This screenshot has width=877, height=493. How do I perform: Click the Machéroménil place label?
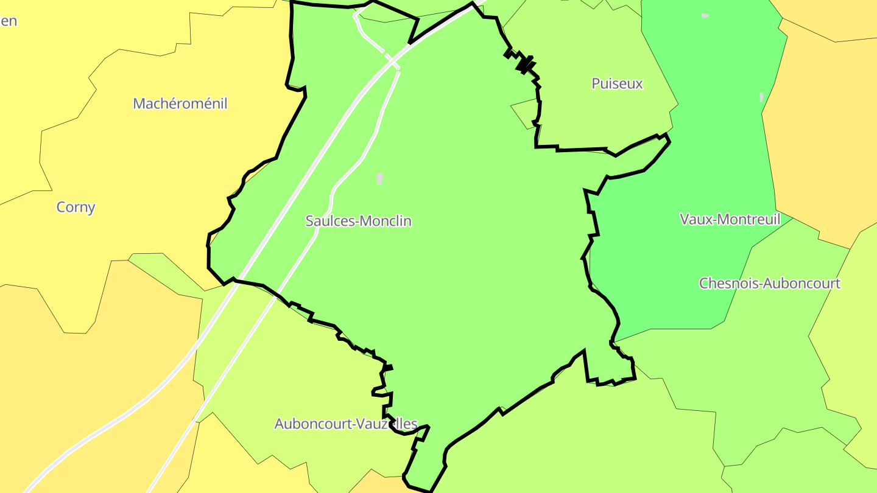(x=180, y=103)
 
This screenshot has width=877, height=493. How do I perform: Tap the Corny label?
(x=76, y=207)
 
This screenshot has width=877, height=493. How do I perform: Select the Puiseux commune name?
(x=617, y=83)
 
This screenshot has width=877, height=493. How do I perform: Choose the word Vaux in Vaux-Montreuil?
(x=693, y=219)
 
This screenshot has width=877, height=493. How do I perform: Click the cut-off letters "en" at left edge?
(x=9, y=21)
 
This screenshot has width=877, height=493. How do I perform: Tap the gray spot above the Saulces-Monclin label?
(x=379, y=178)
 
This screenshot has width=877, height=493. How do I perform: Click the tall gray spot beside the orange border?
(x=761, y=97)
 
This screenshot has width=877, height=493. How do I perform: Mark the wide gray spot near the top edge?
(x=705, y=15)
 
